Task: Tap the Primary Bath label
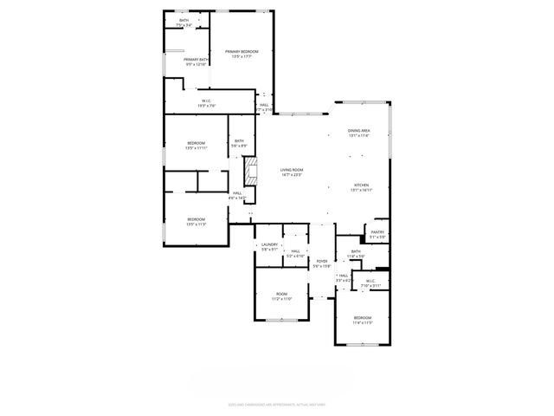click(x=196, y=62)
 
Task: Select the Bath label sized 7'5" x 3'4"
click(x=184, y=23)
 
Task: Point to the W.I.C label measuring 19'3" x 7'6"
click(x=207, y=103)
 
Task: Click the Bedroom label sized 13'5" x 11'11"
click(x=196, y=146)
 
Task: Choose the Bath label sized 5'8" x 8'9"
click(x=238, y=143)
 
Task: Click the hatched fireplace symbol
click(x=252, y=171)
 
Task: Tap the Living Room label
click(x=292, y=172)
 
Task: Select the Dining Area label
click(x=358, y=133)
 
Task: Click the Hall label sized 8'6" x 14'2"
click(x=237, y=196)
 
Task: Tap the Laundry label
click(x=269, y=247)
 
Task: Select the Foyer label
click(x=321, y=263)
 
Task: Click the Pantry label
click(x=377, y=234)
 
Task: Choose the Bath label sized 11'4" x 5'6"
click(x=356, y=254)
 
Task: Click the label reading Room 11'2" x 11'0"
click(x=282, y=296)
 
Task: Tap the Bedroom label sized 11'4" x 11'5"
click(x=362, y=321)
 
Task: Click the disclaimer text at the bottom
click(x=276, y=404)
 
